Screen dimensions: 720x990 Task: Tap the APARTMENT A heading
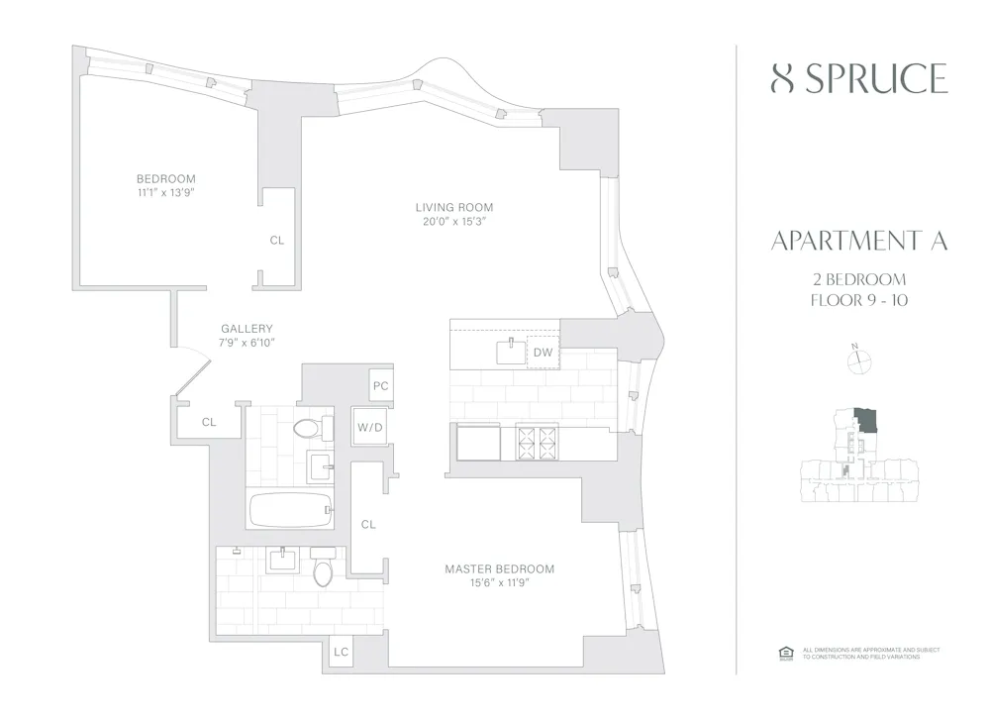(858, 242)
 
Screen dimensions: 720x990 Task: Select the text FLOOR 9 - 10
(858, 299)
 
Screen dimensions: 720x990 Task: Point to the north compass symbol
(858, 362)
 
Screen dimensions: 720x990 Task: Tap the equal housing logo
(787, 651)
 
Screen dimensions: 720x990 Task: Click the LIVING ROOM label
(454, 207)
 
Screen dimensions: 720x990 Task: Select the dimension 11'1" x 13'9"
(165, 192)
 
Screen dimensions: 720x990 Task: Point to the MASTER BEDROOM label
(499, 568)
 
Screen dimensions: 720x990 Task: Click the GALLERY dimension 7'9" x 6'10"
(247, 342)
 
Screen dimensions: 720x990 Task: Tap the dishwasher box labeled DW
(543, 353)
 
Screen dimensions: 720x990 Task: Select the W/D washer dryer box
(368, 427)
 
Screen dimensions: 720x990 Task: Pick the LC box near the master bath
(341, 652)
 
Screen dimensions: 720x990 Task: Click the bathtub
(290, 510)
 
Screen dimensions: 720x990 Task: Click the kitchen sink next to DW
(510, 350)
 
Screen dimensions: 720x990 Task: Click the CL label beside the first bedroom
(277, 240)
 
